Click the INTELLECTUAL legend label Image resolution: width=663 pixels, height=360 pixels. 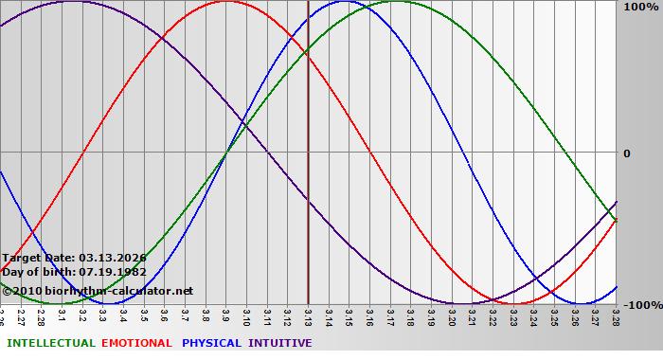click(51, 343)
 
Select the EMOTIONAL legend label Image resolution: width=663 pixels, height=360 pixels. click(136, 343)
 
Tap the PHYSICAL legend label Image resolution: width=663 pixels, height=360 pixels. click(211, 343)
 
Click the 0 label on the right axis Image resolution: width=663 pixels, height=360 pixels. click(627, 153)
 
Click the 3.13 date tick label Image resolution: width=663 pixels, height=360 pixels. click(308, 315)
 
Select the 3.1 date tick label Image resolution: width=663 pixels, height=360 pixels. click(62, 315)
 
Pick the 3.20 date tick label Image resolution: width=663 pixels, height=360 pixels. click(452, 315)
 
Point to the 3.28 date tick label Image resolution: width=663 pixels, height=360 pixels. click(616, 315)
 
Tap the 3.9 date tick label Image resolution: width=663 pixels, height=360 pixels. click(225, 315)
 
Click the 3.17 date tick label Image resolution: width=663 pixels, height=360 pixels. click(390, 315)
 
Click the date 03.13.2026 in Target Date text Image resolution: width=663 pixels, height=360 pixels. click(113, 258)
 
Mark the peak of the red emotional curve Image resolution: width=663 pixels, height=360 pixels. click(225, 2)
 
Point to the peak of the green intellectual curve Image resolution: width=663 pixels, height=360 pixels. click(396, 2)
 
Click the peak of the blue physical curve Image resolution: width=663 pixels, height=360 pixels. click(344, 2)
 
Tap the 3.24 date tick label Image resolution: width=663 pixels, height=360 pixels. click(534, 315)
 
